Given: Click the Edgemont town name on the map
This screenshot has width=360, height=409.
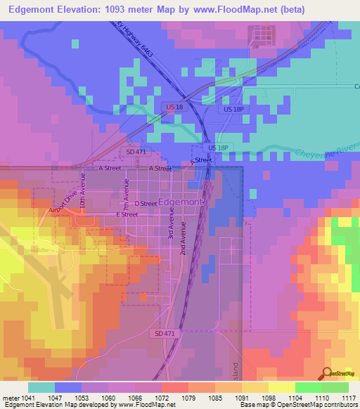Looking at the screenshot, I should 181,202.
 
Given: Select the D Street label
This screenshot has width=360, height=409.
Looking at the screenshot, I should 146,203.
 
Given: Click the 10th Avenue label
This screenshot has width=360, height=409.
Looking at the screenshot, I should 82,190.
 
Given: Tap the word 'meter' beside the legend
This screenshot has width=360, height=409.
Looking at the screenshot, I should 12,397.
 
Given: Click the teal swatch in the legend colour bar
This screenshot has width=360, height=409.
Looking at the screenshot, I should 41,387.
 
